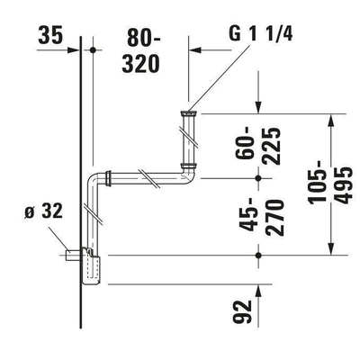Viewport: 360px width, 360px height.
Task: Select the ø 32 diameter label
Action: point(40,214)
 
